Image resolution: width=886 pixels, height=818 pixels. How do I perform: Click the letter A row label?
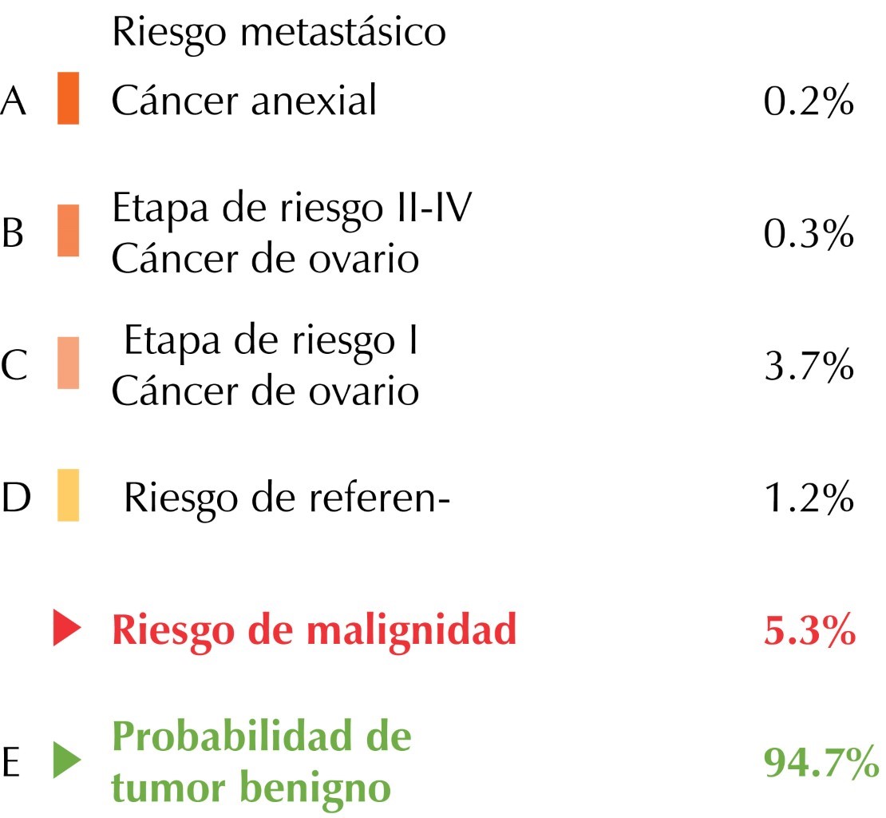pyautogui.click(x=14, y=102)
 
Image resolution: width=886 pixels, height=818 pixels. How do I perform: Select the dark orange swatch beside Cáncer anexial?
pyautogui.click(x=68, y=98)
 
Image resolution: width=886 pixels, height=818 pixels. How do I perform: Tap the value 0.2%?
pyautogui.click(x=809, y=102)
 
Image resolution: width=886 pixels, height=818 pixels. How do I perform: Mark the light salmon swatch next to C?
pyautogui.click(x=68, y=363)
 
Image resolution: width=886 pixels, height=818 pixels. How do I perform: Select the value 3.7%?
pyautogui.click(x=809, y=367)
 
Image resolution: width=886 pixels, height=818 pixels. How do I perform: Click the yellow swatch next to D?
pyautogui.click(x=68, y=495)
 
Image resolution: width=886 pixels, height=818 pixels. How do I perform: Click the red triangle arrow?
pyautogui.click(x=66, y=629)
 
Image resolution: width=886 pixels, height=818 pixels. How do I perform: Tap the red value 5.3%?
pyautogui.click(x=809, y=632)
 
